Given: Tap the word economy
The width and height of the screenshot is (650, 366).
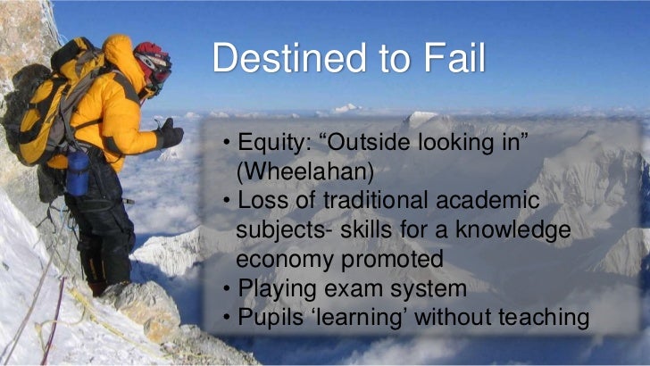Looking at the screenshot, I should coord(286,259).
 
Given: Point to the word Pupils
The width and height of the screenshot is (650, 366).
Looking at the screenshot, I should coord(268,316).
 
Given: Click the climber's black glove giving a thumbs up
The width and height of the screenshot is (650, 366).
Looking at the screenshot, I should coord(169,135).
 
